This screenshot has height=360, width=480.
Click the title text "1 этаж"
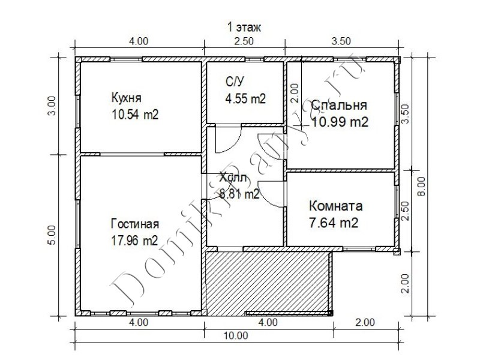coord(244,28)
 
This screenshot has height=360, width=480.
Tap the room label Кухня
coord(126,98)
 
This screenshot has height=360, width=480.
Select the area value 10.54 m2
coord(135,115)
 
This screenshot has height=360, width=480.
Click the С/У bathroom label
coord(235,82)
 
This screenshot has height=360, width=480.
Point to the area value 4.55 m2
coord(245,98)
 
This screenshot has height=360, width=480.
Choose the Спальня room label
coord(339,105)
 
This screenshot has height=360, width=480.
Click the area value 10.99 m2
coord(340,122)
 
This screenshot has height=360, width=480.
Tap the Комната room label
coord(336,206)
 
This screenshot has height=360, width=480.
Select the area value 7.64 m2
coord(334,223)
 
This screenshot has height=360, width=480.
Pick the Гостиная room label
coord(134,224)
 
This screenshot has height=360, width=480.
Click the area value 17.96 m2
coord(134,241)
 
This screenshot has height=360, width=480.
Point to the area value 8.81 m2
coord(239,193)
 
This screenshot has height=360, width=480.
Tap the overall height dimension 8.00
coord(422,186)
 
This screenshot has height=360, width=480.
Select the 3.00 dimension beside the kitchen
coord(52,106)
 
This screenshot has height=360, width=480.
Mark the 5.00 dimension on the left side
coord(52,235)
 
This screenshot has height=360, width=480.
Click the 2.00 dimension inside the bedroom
coord(295,93)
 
